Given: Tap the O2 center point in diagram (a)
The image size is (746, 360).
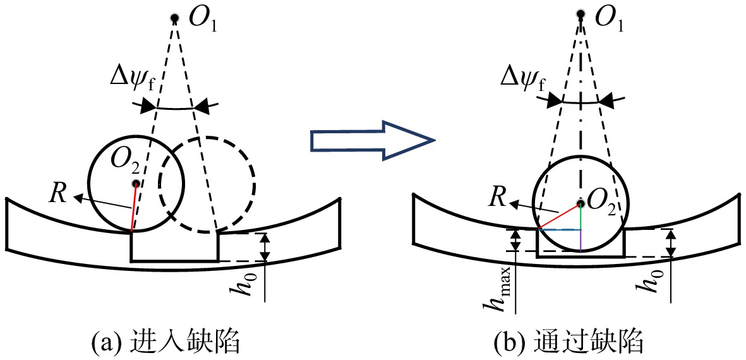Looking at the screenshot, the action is coord(136,184).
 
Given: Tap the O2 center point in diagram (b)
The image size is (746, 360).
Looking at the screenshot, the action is coord(581,203).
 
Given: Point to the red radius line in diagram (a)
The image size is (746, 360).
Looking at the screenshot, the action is coord(134,208).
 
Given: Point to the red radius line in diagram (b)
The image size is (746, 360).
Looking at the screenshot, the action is coord(559,217).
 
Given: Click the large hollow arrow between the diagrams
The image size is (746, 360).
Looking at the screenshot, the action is coord(373,141).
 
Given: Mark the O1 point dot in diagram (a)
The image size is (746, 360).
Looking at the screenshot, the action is coord(175,18).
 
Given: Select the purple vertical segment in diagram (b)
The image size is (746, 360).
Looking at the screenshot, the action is coord(581,240).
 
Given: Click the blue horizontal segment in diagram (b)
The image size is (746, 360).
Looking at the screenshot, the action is coord(560,230).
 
